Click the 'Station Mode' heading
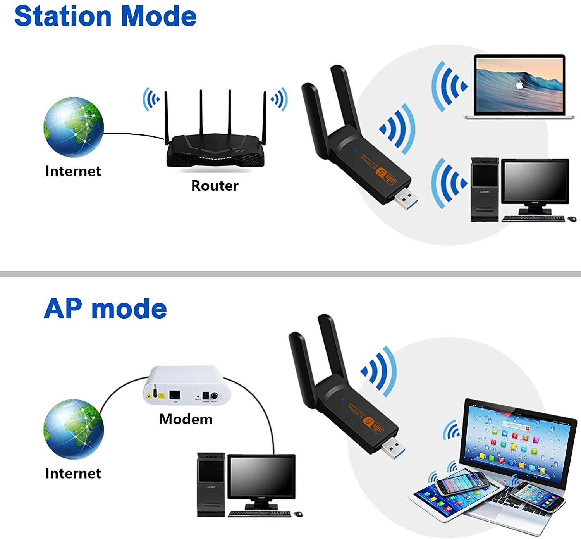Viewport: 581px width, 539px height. click(x=105, y=16)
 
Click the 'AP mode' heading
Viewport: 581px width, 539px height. click(x=105, y=309)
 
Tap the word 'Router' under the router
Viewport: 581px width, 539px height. click(x=215, y=186)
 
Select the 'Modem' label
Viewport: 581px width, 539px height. click(x=186, y=419)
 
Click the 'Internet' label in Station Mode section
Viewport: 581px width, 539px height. click(x=73, y=171)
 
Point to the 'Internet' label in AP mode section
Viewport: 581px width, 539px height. click(x=73, y=473)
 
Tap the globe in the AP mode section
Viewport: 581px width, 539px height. click(x=74, y=429)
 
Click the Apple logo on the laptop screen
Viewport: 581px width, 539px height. click(x=519, y=84)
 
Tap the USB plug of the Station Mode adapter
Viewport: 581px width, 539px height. click(x=407, y=199)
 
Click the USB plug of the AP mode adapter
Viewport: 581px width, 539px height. click(x=394, y=448)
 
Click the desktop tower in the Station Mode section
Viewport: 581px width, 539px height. click(x=484, y=189)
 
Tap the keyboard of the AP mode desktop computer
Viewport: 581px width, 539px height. click(x=260, y=514)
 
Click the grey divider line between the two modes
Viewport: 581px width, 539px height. click(x=290, y=274)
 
